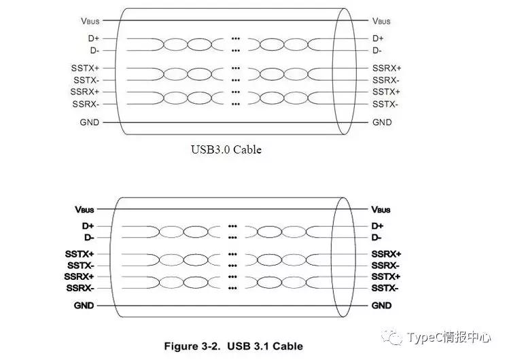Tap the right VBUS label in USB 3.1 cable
tap(381, 209)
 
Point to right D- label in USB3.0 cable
tap(378, 50)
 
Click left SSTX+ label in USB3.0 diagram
tap(85, 68)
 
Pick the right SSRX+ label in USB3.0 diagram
tap(387, 68)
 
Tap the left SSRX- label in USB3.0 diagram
tap(85, 104)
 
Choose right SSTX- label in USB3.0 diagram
tap(385, 104)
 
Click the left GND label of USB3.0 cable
tap(89, 122)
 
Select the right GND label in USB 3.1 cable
tap(381, 306)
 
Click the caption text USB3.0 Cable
tap(226, 149)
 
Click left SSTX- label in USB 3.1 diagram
tap(80, 265)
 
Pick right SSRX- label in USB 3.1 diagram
tap(385, 265)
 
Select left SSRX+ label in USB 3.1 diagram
tap(80, 276)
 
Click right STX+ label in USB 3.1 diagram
tap(386, 276)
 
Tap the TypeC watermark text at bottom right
tap(449, 338)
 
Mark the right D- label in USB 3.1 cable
tap(377, 237)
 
